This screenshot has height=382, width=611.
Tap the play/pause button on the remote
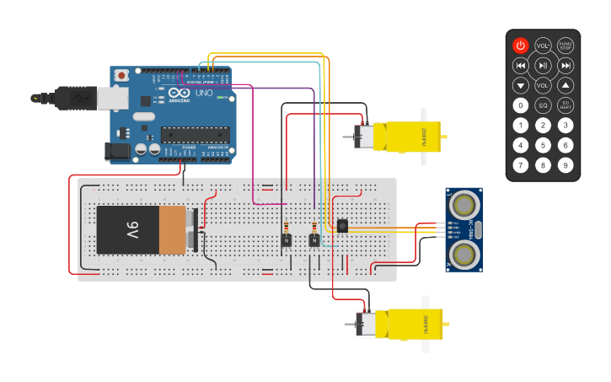tap(544, 66)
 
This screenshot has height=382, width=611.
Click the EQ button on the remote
tap(544, 105)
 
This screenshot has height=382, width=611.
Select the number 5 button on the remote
tap(544, 145)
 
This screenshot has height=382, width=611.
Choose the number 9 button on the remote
tap(565, 164)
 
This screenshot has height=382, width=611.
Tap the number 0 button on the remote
tap(521, 105)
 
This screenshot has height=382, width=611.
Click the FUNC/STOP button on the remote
tap(565, 46)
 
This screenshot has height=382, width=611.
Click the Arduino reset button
tap(122, 76)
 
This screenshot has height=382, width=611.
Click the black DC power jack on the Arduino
tap(118, 151)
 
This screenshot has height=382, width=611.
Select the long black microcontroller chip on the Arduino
tap(195, 134)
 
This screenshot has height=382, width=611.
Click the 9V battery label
tap(132, 229)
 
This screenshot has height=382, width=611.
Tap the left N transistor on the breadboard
tap(287, 240)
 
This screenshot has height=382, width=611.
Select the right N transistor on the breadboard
tap(314, 240)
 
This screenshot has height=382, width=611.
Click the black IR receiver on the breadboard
tap(342, 225)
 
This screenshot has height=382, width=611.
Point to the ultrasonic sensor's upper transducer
tap(464, 204)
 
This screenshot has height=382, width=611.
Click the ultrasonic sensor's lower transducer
tap(464, 256)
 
